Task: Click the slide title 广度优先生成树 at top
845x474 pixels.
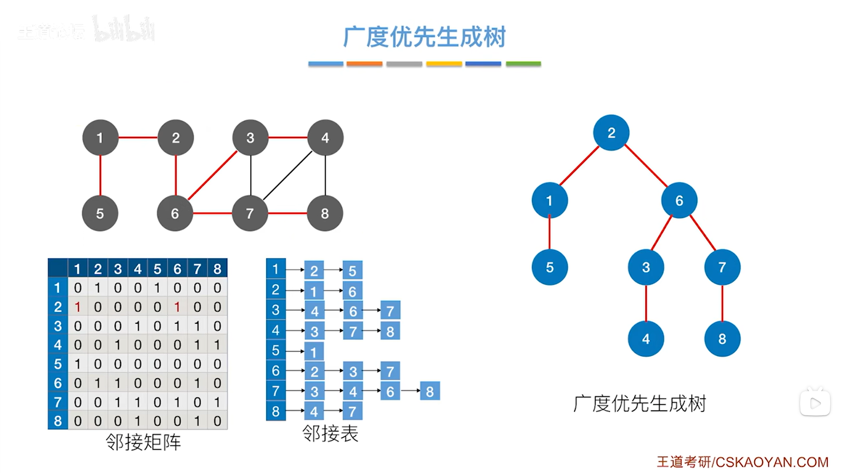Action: (x=424, y=36)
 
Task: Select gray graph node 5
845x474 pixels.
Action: (x=100, y=213)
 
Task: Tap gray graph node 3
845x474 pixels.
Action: (x=250, y=138)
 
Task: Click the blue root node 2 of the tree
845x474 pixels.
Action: (x=611, y=133)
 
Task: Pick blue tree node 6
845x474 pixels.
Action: (x=679, y=201)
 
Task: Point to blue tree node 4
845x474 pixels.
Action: (x=646, y=339)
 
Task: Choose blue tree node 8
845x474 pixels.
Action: (x=722, y=339)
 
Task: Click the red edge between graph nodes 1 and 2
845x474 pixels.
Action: (x=138, y=137)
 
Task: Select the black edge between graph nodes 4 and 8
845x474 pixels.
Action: (x=326, y=176)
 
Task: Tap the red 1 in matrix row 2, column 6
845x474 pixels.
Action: (x=177, y=307)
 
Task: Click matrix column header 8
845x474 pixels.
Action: (x=217, y=269)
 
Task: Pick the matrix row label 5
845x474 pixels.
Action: (x=58, y=364)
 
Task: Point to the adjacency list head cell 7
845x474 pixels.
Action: (x=276, y=391)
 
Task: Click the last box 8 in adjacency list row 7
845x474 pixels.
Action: (x=430, y=391)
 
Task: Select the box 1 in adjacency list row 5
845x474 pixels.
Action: (x=314, y=352)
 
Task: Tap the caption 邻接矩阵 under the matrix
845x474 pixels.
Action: (x=143, y=442)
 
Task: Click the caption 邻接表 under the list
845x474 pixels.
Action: (x=330, y=433)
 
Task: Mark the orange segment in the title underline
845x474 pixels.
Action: (x=364, y=64)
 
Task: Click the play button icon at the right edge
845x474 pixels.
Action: (x=815, y=403)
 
